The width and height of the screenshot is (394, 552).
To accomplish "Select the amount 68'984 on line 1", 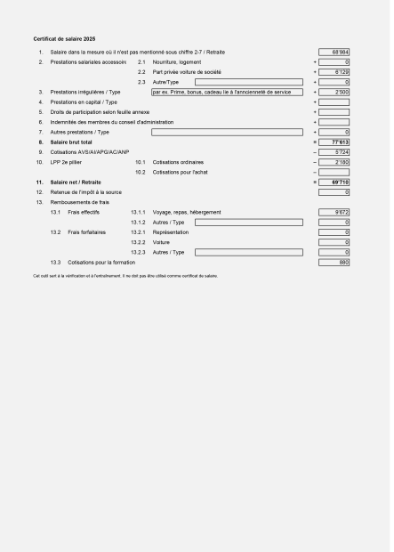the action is point(334,53).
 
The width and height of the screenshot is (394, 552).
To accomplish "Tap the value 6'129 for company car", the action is point(334,72).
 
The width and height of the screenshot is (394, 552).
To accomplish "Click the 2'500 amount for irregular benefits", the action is point(334,92).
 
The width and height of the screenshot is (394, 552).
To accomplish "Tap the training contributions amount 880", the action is point(334,262).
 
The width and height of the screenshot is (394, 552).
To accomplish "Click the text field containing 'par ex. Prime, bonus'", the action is point(227,92).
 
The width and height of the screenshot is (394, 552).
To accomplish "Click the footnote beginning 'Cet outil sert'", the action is point(125,275).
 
